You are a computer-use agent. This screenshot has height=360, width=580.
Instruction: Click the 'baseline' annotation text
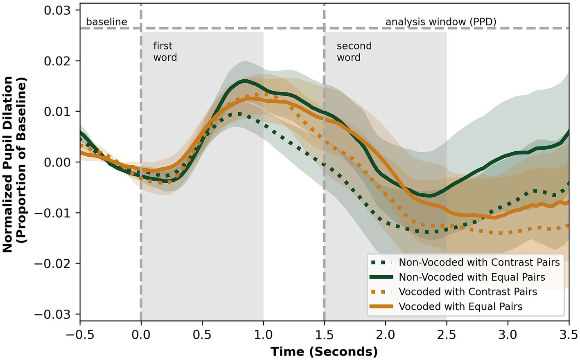(106, 22)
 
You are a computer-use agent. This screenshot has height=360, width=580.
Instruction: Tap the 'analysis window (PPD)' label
(440, 22)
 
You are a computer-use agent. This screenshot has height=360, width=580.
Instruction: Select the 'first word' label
(165, 52)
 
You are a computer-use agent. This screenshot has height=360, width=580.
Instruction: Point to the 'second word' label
(354, 52)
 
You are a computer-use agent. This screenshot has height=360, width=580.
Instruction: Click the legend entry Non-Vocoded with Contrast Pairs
(479, 262)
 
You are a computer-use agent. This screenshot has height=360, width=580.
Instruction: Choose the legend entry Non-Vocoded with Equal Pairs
(472, 277)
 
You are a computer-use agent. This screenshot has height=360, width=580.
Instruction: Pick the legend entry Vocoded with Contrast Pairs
(467, 292)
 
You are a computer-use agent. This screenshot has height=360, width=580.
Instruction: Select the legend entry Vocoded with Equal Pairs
(460, 306)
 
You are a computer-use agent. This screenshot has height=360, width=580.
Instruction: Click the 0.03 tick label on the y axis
(57, 10)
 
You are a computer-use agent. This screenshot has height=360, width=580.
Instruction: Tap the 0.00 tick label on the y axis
(57, 162)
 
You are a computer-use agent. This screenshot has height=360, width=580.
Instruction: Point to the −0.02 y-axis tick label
(53, 263)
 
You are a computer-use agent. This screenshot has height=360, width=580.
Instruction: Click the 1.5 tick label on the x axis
(324, 335)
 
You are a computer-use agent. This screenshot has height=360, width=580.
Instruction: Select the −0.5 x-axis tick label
(80, 335)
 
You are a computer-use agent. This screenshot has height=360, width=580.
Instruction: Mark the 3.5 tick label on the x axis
(568, 335)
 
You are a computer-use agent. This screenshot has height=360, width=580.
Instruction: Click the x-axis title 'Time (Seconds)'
(324, 351)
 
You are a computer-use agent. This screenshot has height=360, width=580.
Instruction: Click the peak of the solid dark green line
(244, 81)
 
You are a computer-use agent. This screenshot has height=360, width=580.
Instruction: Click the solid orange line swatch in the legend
(381, 306)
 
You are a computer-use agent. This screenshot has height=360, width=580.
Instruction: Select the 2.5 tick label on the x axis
(446, 335)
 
